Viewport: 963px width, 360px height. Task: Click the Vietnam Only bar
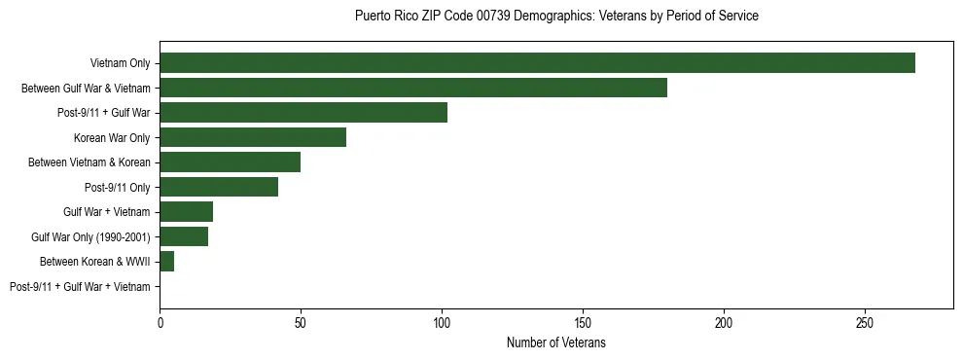pos(537,63)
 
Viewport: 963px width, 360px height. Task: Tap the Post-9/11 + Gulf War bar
pos(303,113)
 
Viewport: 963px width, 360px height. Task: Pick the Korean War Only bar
pos(253,137)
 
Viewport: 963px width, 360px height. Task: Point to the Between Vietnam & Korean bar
pos(231,162)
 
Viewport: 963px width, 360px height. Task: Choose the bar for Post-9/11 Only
pos(219,187)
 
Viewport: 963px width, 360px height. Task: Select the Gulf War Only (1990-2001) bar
pos(184,236)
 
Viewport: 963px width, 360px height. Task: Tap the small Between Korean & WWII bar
pos(167,262)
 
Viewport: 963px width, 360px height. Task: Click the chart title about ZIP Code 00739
pos(556,17)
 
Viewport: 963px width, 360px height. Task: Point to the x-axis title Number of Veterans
pos(556,342)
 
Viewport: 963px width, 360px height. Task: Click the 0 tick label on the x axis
pos(160,321)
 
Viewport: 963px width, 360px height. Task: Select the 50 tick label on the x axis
pos(301,321)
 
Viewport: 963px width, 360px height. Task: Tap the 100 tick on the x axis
pos(442,321)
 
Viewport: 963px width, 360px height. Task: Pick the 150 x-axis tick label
pos(583,321)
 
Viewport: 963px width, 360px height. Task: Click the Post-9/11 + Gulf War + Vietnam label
pos(80,287)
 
